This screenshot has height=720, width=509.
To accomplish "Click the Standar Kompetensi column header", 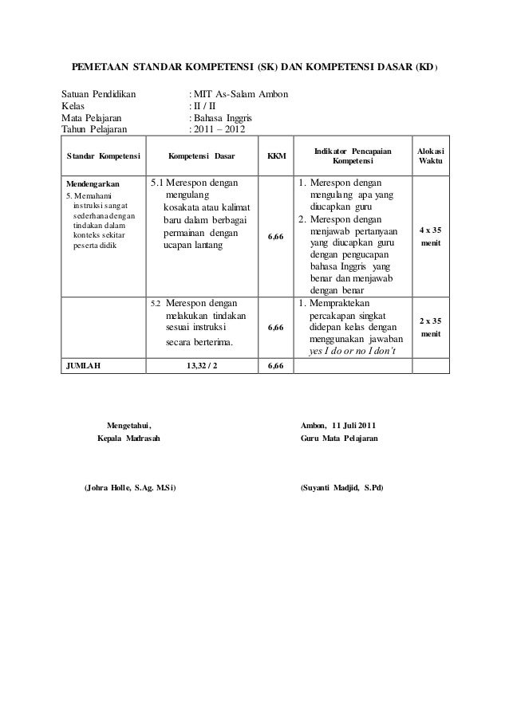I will click(x=104, y=156).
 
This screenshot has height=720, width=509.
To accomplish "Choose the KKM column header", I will click(x=276, y=156).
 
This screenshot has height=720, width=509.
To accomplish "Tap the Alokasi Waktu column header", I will click(x=431, y=156).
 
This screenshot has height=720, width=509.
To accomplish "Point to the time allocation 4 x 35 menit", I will click(x=431, y=237).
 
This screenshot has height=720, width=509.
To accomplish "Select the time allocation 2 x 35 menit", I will click(x=431, y=326).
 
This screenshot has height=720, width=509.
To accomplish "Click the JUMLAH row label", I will click(x=84, y=366).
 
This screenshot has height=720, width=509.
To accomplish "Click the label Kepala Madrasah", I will click(x=128, y=439).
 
